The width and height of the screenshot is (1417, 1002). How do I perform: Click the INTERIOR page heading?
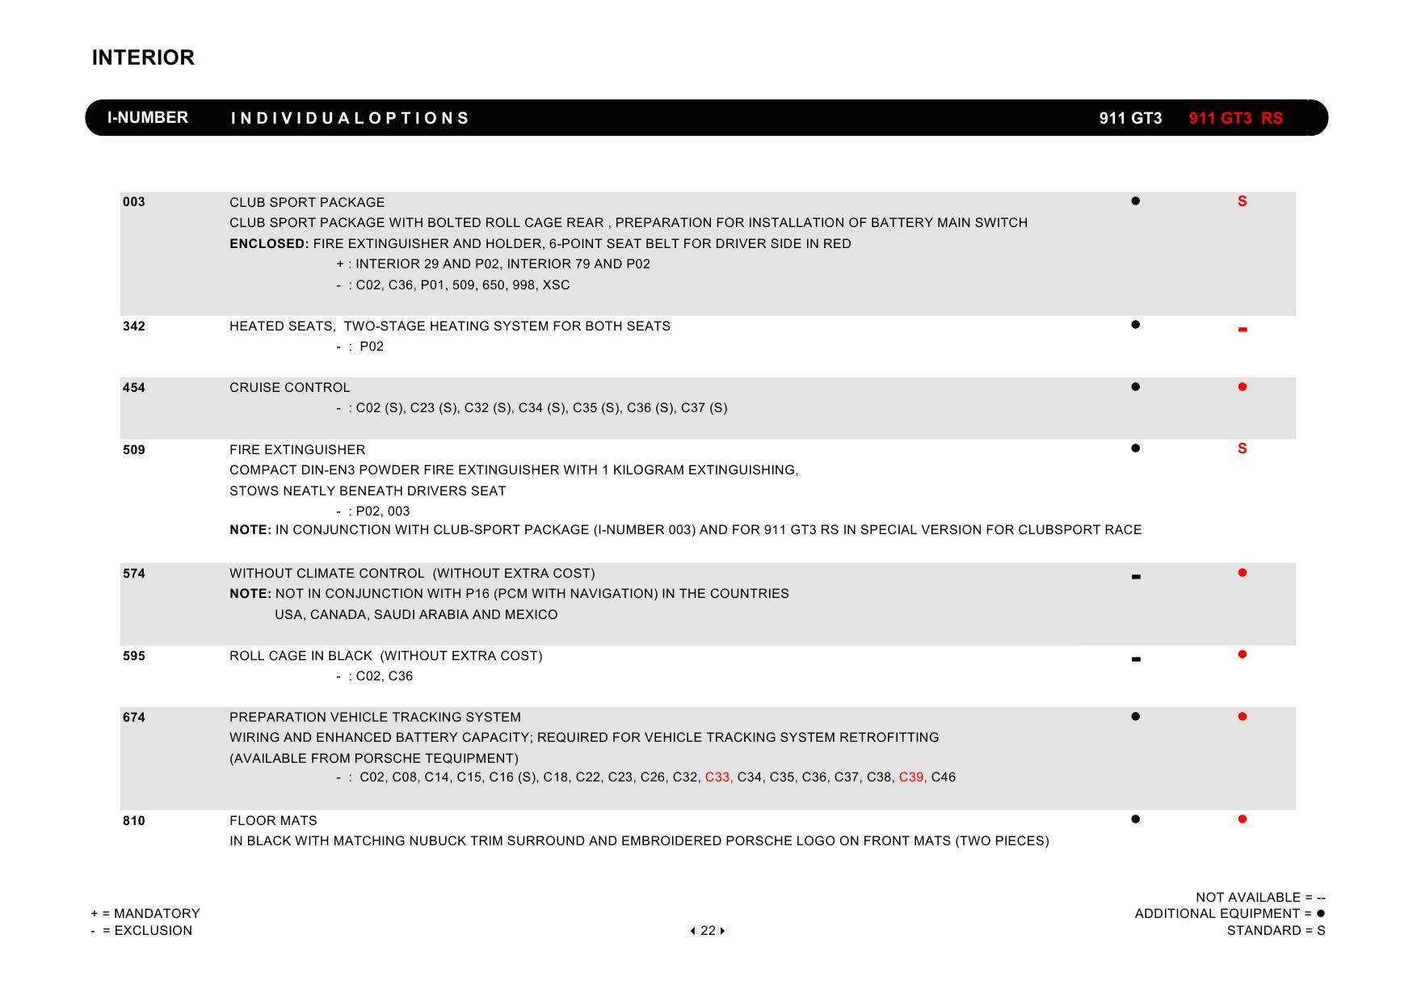tap(143, 57)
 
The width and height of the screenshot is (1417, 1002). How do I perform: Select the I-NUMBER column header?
tap(148, 118)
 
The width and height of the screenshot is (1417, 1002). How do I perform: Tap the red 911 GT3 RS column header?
tap(1235, 119)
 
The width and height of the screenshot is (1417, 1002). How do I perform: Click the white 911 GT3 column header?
tap(1130, 119)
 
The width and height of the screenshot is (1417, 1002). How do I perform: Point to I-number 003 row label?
tap(134, 202)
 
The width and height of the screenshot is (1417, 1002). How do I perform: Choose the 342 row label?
tap(134, 326)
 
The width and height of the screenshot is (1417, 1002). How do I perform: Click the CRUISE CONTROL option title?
tap(290, 388)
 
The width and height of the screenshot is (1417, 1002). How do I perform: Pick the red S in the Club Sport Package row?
tap(1242, 201)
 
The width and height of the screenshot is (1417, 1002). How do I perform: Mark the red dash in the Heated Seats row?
tap(1243, 330)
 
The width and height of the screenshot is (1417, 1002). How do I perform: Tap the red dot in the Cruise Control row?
tap(1243, 387)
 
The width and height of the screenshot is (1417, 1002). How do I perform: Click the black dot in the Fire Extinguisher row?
tap(1135, 448)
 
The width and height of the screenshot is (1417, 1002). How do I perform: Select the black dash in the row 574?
tap(1136, 577)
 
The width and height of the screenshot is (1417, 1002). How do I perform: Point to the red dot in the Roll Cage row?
tap(1243, 655)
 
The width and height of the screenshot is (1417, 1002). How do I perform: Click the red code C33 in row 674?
tap(718, 777)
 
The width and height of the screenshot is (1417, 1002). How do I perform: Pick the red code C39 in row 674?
tap(912, 777)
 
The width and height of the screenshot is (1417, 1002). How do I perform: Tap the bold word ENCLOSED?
tap(269, 244)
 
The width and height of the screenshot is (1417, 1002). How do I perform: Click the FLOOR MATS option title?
tap(273, 821)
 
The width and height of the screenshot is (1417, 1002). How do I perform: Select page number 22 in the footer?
tap(708, 931)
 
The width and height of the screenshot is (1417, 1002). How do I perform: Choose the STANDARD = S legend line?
tap(1276, 931)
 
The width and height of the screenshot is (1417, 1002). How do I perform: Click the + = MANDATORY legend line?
tap(145, 914)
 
